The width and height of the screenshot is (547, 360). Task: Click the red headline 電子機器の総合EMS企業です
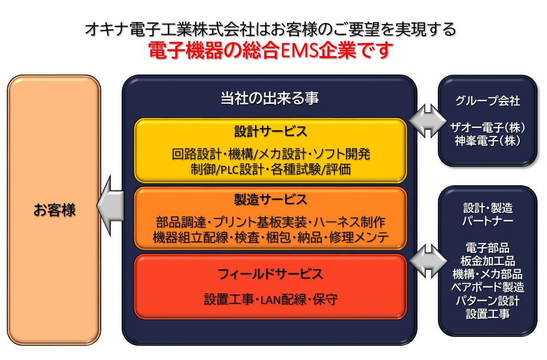coord(271,50)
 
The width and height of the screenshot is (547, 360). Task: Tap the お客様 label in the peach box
coord(55,210)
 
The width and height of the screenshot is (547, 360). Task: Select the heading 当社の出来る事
coord(270,98)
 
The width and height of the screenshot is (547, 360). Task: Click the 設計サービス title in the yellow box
coord(271,132)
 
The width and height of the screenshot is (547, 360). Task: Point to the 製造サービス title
coord(271,199)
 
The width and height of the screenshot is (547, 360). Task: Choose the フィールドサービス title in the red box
coord(271,274)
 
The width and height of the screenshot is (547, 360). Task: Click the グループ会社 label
coord(487,101)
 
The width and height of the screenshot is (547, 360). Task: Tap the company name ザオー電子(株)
coord(487,128)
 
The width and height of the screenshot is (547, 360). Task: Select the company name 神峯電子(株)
coord(487,141)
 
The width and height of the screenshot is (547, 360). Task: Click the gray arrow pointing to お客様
coord(110,206)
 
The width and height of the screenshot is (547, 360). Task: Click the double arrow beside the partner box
coord(428,261)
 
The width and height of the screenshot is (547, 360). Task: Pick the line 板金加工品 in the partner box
coord(487,261)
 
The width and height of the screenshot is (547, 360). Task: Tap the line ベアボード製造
coord(487,288)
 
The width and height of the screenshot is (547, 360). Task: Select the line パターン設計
coord(487,301)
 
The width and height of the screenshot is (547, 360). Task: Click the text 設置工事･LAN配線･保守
coord(271,299)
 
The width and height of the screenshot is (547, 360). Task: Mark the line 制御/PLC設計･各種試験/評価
coord(271,170)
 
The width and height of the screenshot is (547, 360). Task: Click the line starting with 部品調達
coord(271,222)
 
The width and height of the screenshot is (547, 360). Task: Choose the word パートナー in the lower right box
coord(487,221)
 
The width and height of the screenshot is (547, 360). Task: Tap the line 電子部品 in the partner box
coord(487,248)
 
